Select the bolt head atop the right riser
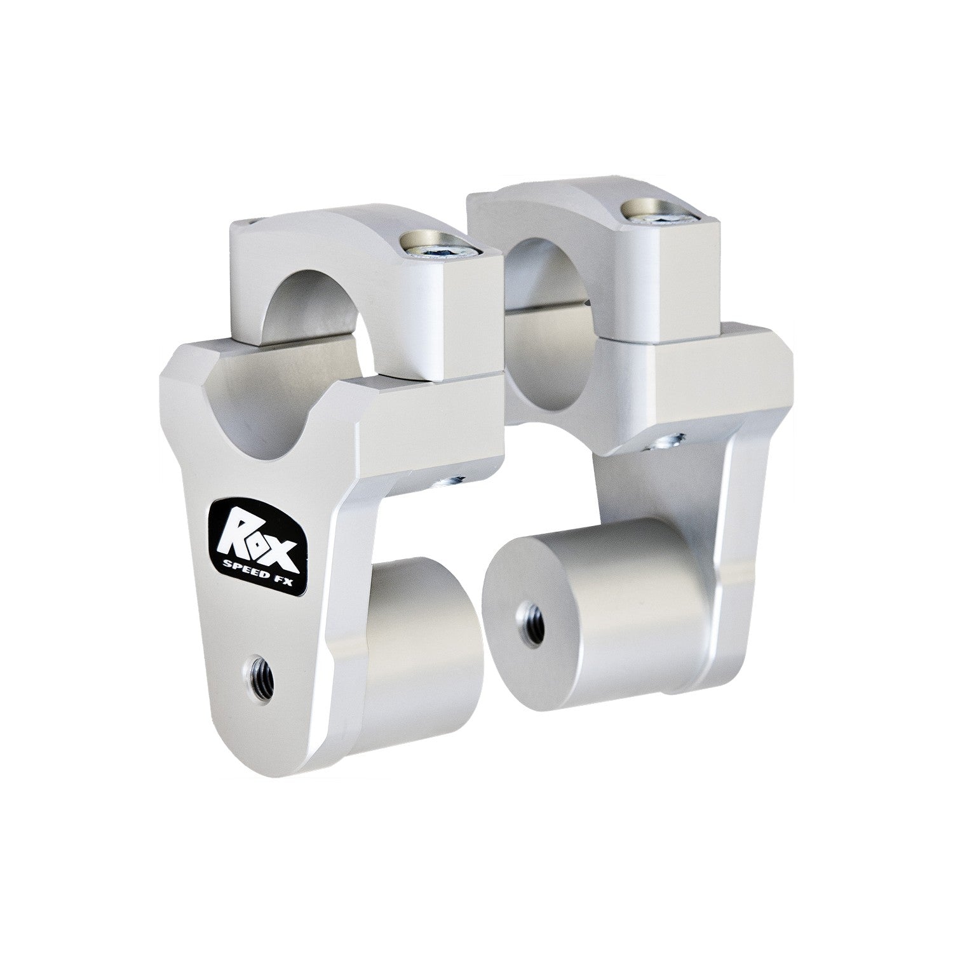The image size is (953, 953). tap(664, 212)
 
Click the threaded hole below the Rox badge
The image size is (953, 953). tap(262, 671)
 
